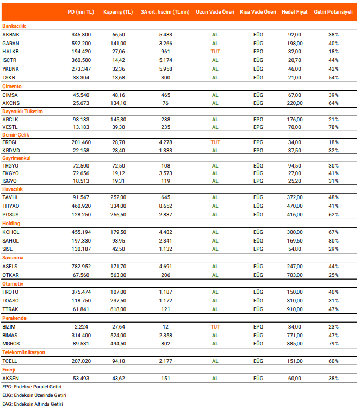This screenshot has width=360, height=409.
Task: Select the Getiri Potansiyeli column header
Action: click(333, 11)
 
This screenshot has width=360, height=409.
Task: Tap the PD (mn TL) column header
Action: click(81, 11)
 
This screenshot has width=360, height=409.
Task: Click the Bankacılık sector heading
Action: click(15, 26)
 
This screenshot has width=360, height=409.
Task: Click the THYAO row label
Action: click(10, 206)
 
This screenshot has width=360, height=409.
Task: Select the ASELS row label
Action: click(10, 266)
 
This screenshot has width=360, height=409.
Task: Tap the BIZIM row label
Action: click(9, 326)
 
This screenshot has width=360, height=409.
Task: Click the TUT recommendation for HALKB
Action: click(215, 51)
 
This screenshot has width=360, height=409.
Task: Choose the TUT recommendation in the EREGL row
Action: click(215, 142)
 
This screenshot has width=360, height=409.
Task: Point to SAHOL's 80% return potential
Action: click(333, 240)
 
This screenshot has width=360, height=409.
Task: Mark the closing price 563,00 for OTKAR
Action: click(119, 275)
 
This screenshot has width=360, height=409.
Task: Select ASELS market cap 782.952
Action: click(82, 266)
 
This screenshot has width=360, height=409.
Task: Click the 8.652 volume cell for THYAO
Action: click(166, 206)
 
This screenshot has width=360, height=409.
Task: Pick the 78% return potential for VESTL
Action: click(333, 127)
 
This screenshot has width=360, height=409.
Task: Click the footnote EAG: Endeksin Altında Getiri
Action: click(33, 404)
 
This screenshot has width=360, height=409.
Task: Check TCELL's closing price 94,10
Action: click(119, 361)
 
